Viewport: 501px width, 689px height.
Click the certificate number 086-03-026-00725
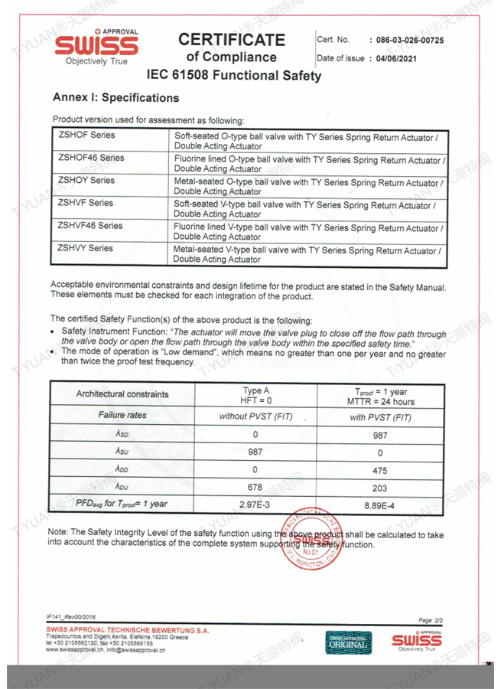(x=406, y=40)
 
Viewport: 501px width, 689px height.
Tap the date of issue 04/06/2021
(x=395, y=58)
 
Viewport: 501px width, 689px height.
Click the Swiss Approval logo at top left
(x=96, y=47)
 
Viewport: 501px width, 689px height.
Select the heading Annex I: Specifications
(x=115, y=98)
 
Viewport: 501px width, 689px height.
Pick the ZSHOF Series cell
(x=86, y=136)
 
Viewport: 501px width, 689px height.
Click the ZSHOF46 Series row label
(x=91, y=158)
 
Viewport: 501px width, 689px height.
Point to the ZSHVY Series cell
(x=86, y=248)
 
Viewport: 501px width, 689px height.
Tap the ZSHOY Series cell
(x=86, y=181)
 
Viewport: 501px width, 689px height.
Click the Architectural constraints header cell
(x=122, y=394)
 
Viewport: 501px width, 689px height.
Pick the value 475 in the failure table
(x=379, y=470)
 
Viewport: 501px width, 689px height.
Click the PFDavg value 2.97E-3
(x=255, y=504)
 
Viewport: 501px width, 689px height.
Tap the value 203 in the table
(x=379, y=487)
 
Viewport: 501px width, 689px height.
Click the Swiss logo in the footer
(x=416, y=641)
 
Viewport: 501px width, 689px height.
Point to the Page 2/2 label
(x=431, y=619)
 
